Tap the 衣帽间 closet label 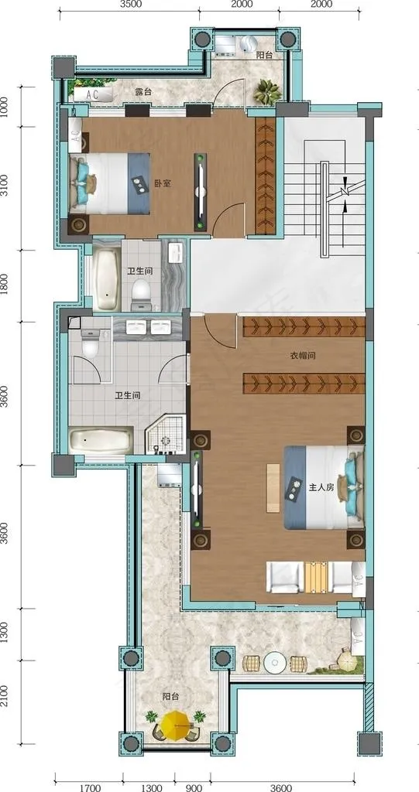pos(303,356)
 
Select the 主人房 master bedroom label pos(321,488)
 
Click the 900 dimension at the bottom pos(194,787)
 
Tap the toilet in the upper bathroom pos(141,295)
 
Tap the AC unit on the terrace pos(93,94)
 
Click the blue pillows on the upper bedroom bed pos(84,181)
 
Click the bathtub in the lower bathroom pos(101,442)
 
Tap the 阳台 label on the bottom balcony pos(171,697)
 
